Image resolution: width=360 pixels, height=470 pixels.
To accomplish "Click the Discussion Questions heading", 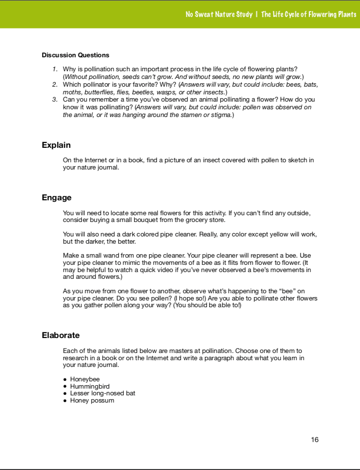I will [x=76, y=55].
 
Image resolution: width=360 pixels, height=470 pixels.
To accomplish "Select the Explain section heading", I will [x=56, y=145].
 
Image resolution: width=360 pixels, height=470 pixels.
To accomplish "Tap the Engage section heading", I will [x=57, y=198].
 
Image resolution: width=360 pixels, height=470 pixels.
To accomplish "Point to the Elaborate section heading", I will [x=61, y=335].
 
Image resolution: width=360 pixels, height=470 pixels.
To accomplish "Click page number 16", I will [x=315, y=439].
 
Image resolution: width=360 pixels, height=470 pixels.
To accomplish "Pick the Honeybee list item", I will [x=85, y=379].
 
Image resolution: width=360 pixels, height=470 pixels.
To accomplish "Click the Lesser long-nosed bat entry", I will [x=103, y=393].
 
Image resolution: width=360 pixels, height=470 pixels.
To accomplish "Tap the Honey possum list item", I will [x=92, y=400].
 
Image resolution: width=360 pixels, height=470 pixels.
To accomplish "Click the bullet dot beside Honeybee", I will [x=65, y=379].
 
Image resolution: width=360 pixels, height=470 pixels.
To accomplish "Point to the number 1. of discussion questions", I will [x=55, y=70].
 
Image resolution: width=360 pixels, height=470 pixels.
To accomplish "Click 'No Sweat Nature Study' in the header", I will [x=219, y=14].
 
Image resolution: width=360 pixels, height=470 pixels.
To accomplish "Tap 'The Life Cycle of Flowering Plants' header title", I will [x=309, y=14].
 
